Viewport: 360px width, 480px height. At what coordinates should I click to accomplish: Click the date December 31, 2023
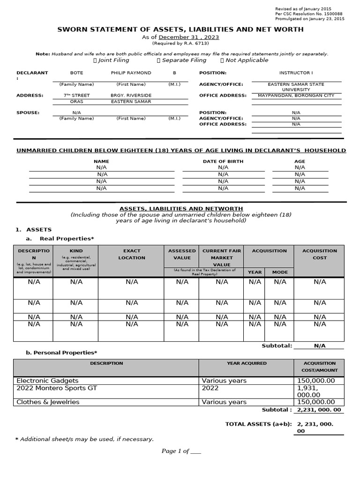[x=189, y=37]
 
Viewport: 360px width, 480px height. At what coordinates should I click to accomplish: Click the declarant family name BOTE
[x=76, y=73]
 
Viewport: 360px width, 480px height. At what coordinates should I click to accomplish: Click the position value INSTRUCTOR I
[x=295, y=73]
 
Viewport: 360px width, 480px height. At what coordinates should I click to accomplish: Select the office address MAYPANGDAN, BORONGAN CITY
[x=296, y=96]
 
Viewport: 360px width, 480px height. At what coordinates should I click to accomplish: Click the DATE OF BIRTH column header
[x=223, y=161]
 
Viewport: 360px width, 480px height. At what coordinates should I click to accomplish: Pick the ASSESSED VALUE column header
[x=182, y=254]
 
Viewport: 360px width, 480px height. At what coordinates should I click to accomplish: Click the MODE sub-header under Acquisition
[x=280, y=272]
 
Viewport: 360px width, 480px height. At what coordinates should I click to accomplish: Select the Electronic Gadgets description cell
[x=48, y=381]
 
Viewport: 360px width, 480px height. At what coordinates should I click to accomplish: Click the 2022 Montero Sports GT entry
[x=57, y=388]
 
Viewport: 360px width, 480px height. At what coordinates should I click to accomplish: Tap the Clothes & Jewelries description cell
[x=48, y=402]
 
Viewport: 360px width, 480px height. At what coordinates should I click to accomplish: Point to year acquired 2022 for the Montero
[x=210, y=388]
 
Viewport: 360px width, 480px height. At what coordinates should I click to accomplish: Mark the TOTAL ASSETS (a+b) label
[x=258, y=424]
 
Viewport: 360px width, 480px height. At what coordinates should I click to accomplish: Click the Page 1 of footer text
[x=181, y=451]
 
